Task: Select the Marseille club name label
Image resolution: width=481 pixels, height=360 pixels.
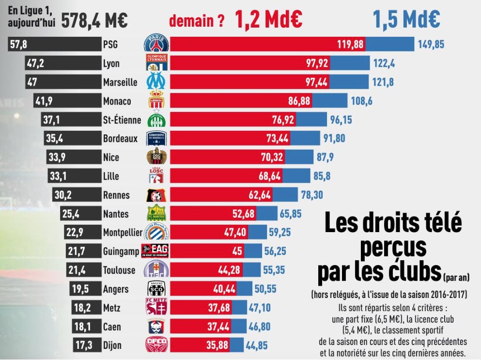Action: pos(120,82)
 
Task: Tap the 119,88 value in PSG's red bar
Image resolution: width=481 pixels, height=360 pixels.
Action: pos(350,45)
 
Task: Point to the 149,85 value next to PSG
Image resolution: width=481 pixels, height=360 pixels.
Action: pos(431,45)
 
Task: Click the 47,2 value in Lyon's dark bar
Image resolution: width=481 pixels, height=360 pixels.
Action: pos(34,63)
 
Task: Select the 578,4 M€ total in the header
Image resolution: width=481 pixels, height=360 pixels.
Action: pos(95,21)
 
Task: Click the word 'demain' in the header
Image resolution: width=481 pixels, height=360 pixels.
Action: pos(190,21)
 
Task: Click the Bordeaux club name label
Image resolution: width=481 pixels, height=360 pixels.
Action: pos(121,139)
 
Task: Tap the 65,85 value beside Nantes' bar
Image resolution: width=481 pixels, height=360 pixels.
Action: pos(291,214)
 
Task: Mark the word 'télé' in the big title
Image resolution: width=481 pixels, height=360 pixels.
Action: pos(434,224)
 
